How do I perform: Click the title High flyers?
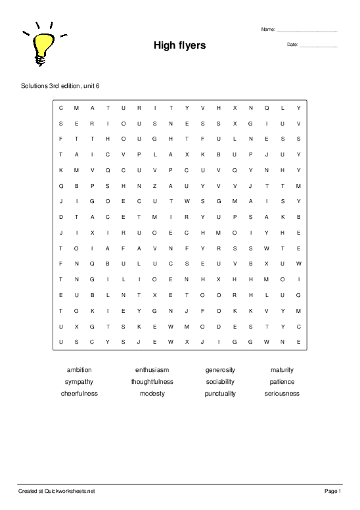(x=179, y=45)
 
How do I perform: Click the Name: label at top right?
(x=268, y=30)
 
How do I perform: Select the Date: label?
(x=292, y=45)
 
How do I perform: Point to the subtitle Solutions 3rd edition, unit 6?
(x=60, y=86)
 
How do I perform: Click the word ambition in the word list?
(x=79, y=370)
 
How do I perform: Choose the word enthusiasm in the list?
(x=152, y=370)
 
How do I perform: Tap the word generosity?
(x=220, y=370)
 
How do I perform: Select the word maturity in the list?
(x=282, y=370)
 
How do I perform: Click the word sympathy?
(x=79, y=382)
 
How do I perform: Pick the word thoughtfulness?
(x=152, y=382)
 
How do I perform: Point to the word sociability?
(x=220, y=382)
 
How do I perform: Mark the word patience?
(x=282, y=382)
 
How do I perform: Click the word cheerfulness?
(x=79, y=394)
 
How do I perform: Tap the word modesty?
(x=152, y=394)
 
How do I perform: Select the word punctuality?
(x=220, y=394)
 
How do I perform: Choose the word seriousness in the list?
(x=282, y=394)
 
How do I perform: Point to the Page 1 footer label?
(x=332, y=491)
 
